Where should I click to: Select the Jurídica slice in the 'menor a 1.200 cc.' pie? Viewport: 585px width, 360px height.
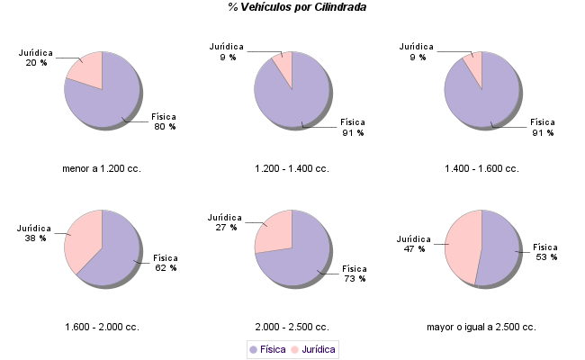coord(86,69)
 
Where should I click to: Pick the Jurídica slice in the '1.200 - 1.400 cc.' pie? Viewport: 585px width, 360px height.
coord(283,67)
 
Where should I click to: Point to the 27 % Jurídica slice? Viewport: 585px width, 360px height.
coord(274,229)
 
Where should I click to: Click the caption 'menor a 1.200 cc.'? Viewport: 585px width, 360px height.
coord(102,168)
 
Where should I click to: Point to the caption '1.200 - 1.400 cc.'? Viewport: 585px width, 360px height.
coord(292,168)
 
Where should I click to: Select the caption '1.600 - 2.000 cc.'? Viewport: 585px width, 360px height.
coord(102,327)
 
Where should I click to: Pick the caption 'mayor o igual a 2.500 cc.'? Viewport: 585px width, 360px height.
coord(481,327)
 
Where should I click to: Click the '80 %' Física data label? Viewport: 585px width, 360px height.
coord(165,127)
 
